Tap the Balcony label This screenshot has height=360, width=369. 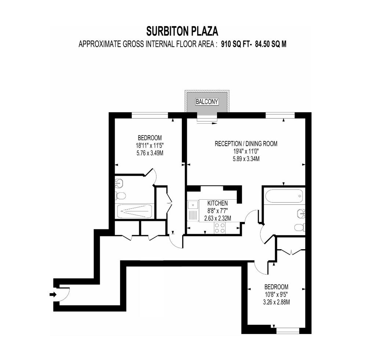click(207, 102)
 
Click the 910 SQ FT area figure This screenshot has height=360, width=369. click(235, 44)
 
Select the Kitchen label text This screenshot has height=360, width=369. click(217, 203)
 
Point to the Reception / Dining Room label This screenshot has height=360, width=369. click(246, 144)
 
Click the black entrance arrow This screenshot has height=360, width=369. click(53, 294)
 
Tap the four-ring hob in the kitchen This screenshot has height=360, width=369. click(220, 228)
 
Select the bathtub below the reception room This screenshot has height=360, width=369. click(284, 196)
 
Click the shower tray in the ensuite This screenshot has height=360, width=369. click(134, 211)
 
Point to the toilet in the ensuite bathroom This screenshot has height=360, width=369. click(120, 195)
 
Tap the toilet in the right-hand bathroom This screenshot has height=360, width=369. click(300, 228)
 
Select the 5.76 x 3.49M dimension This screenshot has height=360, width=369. click(149, 152)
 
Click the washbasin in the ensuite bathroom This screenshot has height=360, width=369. click(118, 181)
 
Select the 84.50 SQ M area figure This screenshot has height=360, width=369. click(269, 44)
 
